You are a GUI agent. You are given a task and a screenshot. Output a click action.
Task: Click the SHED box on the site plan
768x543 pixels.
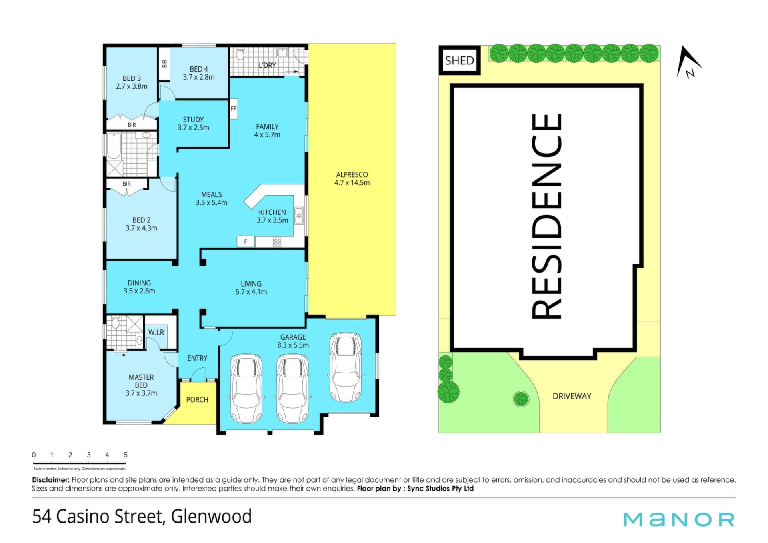pyautogui.click(x=460, y=60)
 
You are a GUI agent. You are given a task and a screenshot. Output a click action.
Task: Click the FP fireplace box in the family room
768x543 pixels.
pyautogui.click(x=234, y=108)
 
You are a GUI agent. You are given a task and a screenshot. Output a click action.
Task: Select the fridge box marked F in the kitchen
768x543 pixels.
pyautogui.click(x=246, y=242)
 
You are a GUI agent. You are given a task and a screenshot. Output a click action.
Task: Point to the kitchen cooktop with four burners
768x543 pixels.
pyautogui.click(x=278, y=242)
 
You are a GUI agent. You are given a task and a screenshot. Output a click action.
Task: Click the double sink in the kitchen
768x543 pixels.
pyautogui.click(x=299, y=216)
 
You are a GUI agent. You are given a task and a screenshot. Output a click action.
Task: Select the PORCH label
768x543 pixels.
pyautogui.click(x=197, y=399)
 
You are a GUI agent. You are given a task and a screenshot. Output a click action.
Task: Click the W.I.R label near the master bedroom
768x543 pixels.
pyautogui.click(x=156, y=332)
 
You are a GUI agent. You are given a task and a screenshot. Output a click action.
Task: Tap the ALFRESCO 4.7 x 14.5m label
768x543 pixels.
pyautogui.click(x=352, y=179)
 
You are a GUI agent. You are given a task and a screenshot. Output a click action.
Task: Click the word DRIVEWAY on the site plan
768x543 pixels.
pyautogui.click(x=572, y=396)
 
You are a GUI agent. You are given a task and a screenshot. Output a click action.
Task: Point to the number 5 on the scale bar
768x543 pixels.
pyautogui.click(x=126, y=455)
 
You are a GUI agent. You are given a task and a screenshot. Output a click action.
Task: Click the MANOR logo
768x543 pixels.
pyautogui.click(x=679, y=519)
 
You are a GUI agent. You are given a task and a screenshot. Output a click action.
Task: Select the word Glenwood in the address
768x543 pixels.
pyautogui.click(x=211, y=516)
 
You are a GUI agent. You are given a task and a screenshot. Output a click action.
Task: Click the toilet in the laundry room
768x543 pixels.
pyautogui.click(x=240, y=54)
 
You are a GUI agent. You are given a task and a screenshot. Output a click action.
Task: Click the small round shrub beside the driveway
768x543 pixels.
pyautogui.click(x=521, y=399)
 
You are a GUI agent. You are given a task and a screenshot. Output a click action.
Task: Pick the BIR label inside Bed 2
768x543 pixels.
pyautogui.click(x=126, y=184)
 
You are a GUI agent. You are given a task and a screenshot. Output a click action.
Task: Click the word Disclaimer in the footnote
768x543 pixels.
pyautogui.click(x=51, y=480)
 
